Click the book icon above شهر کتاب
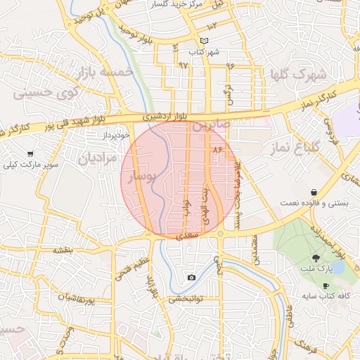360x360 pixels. [204, 41]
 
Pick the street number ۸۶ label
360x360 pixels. [216, 149]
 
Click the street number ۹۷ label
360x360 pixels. [184, 65]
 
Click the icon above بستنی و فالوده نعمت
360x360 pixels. [313, 192]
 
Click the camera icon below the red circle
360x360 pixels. [191, 277]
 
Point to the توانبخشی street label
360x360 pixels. [185, 299]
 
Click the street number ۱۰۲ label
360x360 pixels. [212, 25]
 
